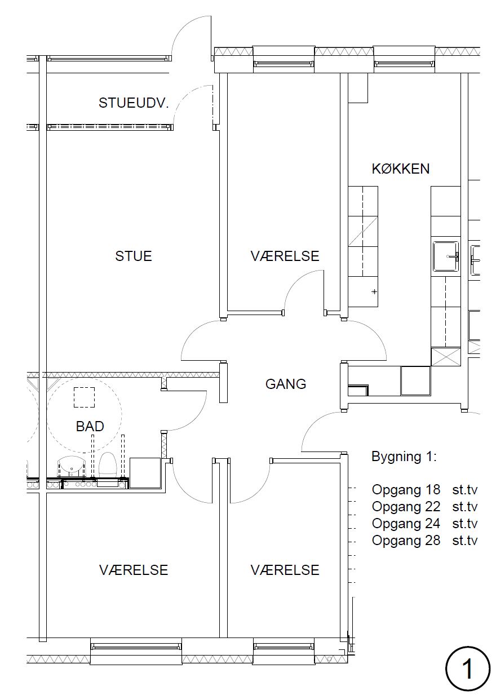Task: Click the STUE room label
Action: coord(134,256)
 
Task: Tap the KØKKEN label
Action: coord(400,169)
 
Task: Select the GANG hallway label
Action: coord(286,384)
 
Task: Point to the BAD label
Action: coord(90,426)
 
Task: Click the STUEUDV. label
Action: coord(134,103)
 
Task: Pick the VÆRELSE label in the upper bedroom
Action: coord(285,256)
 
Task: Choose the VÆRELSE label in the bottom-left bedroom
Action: coord(134,570)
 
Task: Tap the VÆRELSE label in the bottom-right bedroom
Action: coord(285,570)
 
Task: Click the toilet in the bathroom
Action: coord(107,464)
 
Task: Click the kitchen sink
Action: coord(445,256)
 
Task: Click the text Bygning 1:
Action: coord(404,457)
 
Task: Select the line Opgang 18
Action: coord(406,490)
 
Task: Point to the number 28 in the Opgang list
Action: coord(432,540)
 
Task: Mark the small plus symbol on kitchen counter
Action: coord(374,291)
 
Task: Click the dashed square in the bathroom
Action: coord(84,397)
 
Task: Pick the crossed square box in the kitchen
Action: coord(446,357)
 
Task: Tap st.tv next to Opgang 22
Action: coord(464,507)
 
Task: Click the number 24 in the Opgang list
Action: coord(432,524)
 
